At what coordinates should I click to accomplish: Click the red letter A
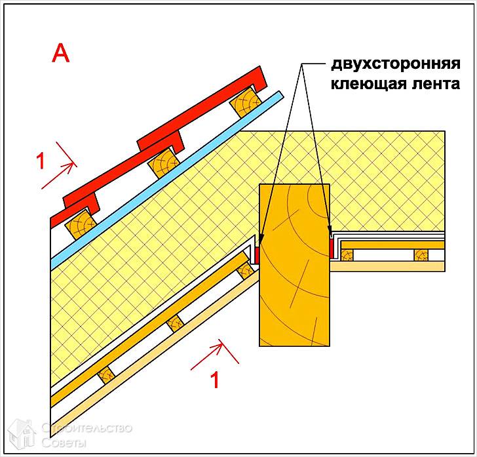click(60, 54)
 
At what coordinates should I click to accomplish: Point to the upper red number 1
click(41, 160)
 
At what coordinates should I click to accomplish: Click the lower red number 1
click(214, 380)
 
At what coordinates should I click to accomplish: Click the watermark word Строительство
click(87, 428)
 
